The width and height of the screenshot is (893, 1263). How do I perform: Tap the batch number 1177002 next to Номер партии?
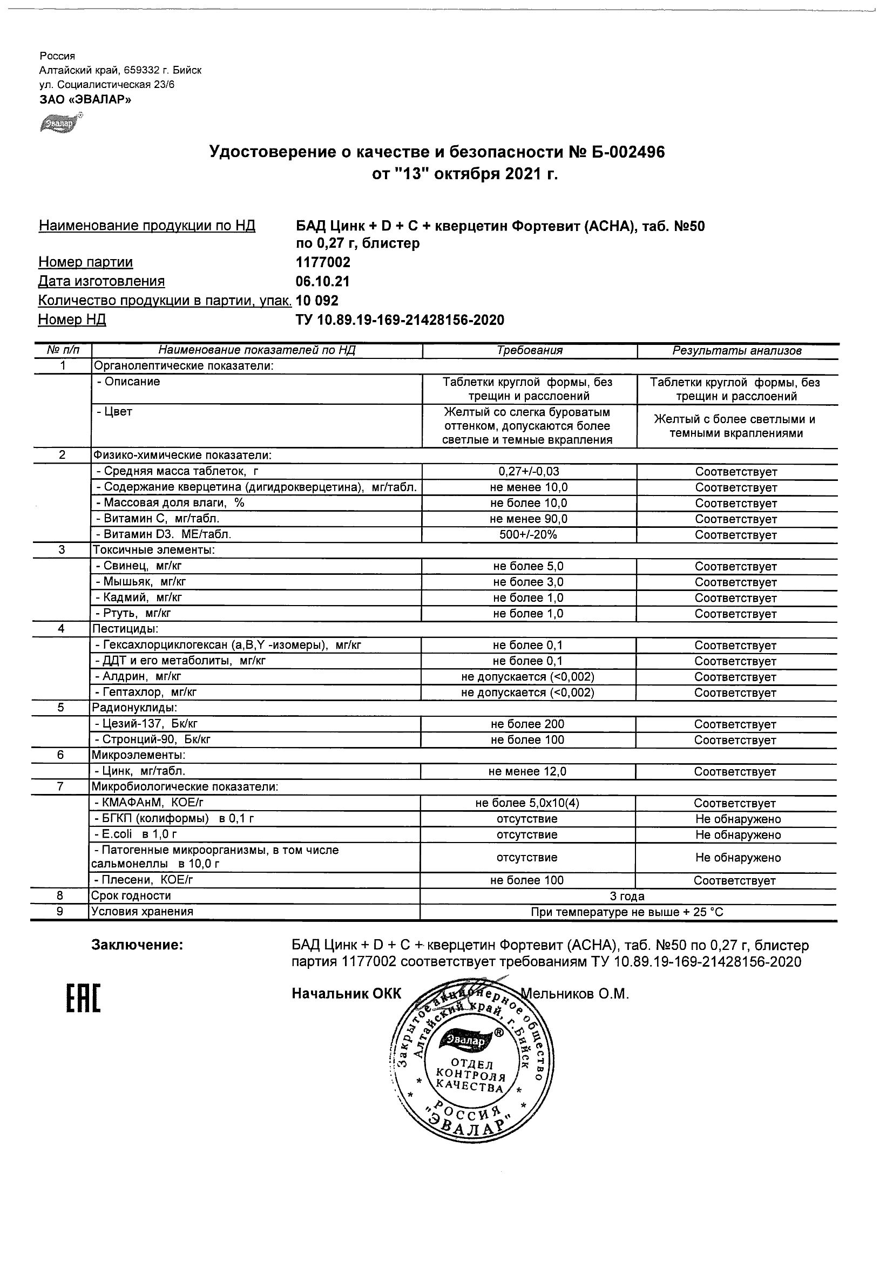click(x=323, y=262)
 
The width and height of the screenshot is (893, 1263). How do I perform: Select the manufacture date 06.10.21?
click(x=322, y=282)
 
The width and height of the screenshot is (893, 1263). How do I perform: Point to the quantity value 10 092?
click(x=317, y=300)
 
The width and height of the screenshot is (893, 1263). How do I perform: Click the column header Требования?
click(x=529, y=350)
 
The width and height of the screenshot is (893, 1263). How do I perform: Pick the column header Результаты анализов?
click(x=737, y=350)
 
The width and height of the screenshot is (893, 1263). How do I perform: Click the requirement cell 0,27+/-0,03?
click(x=529, y=471)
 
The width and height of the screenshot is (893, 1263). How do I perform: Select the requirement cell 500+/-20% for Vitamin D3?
click(x=528, y=535)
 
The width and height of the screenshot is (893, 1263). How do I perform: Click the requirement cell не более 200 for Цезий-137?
click(x=527, y=724)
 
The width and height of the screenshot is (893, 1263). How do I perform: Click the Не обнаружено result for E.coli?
click(x=738, y=835)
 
